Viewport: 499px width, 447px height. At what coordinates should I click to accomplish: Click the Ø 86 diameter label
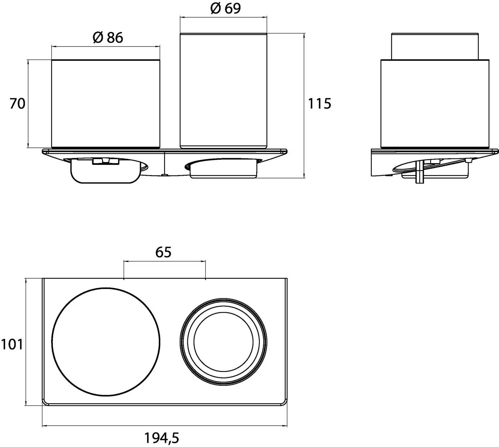[x=108, y=38]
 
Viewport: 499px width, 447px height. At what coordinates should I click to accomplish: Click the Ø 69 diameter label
[x=225, y=9]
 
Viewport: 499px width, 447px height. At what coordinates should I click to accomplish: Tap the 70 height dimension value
[x=17, y=104]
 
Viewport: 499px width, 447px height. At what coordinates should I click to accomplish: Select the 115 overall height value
[x=319, y=104]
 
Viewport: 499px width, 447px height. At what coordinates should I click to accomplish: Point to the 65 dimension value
[x=163, y=252]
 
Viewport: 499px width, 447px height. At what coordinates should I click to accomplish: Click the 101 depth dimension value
[x=12, y=344]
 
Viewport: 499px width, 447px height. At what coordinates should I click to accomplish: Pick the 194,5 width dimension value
[x=162, y=438]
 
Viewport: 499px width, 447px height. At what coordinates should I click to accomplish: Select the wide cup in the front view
[x=106, y=104]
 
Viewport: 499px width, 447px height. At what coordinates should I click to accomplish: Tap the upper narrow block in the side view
[x=435, y=46]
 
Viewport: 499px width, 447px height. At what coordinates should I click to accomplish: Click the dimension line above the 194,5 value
[x=165, y=426]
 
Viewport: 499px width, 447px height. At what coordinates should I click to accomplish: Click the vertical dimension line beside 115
[x=304, y=106]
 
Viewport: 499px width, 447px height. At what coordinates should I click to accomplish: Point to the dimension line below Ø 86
[x=106, y=46]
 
